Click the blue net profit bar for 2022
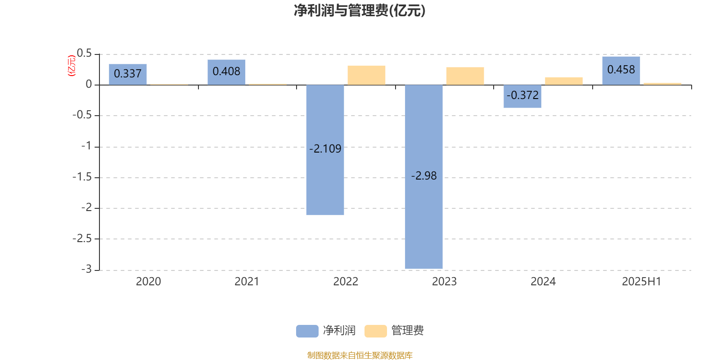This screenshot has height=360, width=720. (325, 150)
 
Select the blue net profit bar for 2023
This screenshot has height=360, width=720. (423, 177)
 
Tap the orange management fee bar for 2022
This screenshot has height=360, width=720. (366, 75)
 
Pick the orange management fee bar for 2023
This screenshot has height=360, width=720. (465, 76)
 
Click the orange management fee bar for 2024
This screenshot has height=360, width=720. (564, 81)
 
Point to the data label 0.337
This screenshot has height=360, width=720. (128, 74)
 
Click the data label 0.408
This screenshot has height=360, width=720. (226, 72)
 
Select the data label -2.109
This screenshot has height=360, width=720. (325, 148)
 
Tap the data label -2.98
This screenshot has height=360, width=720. (423, 175)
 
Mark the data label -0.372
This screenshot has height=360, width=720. (522, 95)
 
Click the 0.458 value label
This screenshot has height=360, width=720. (621, 70)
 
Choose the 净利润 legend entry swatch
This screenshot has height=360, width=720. (307, 331)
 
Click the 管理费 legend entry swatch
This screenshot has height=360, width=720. (375, 331)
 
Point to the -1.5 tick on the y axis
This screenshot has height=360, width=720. (82, 177)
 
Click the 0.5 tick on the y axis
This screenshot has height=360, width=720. (84, 54)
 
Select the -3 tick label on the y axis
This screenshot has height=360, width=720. (86, 269)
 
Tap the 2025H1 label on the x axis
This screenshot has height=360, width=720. (642, 282)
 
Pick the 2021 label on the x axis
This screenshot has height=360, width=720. (247, 282)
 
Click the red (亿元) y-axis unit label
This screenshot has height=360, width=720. (72, 66)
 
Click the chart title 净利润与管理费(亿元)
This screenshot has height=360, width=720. (360, 11)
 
